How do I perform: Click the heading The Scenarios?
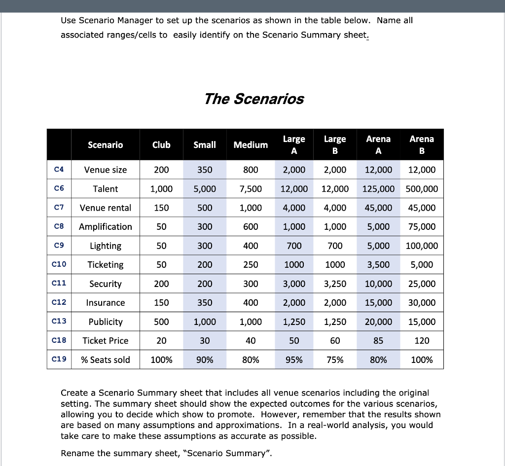(254, 99)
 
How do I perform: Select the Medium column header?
(251, 144)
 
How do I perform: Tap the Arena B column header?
(422, 144)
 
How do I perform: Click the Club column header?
(161, 144)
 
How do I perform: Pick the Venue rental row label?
(106, 208)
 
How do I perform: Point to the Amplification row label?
(106, 227)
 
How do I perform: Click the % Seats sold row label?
(106, 359)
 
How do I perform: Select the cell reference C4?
(59, 170)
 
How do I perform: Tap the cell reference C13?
(59, 322)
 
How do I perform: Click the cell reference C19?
(59, 359)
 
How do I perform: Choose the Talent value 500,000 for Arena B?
(422, 189)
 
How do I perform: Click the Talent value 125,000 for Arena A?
(378, 189)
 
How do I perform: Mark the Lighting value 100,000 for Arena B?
(422, 246)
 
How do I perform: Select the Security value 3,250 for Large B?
(335, 284)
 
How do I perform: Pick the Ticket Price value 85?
(378, 340)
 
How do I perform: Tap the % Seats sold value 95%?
(294, 359)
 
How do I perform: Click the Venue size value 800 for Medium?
(251, 170)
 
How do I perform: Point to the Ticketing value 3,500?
(378, 265)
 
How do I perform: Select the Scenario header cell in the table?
(106, 144)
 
